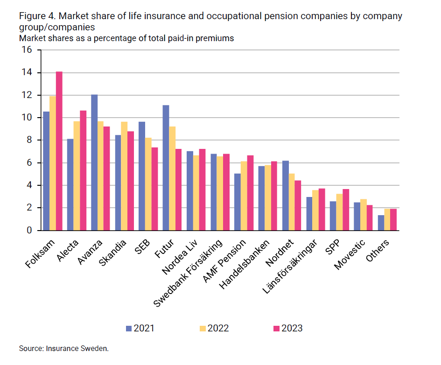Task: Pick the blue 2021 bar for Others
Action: coord(381,223)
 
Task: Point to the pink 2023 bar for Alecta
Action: coord(83,170)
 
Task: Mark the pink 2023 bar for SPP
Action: coord(346,210)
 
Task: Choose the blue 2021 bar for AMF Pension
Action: coord(238,202)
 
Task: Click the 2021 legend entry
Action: coord(140,328)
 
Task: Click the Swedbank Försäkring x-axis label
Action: coord(189,271)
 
